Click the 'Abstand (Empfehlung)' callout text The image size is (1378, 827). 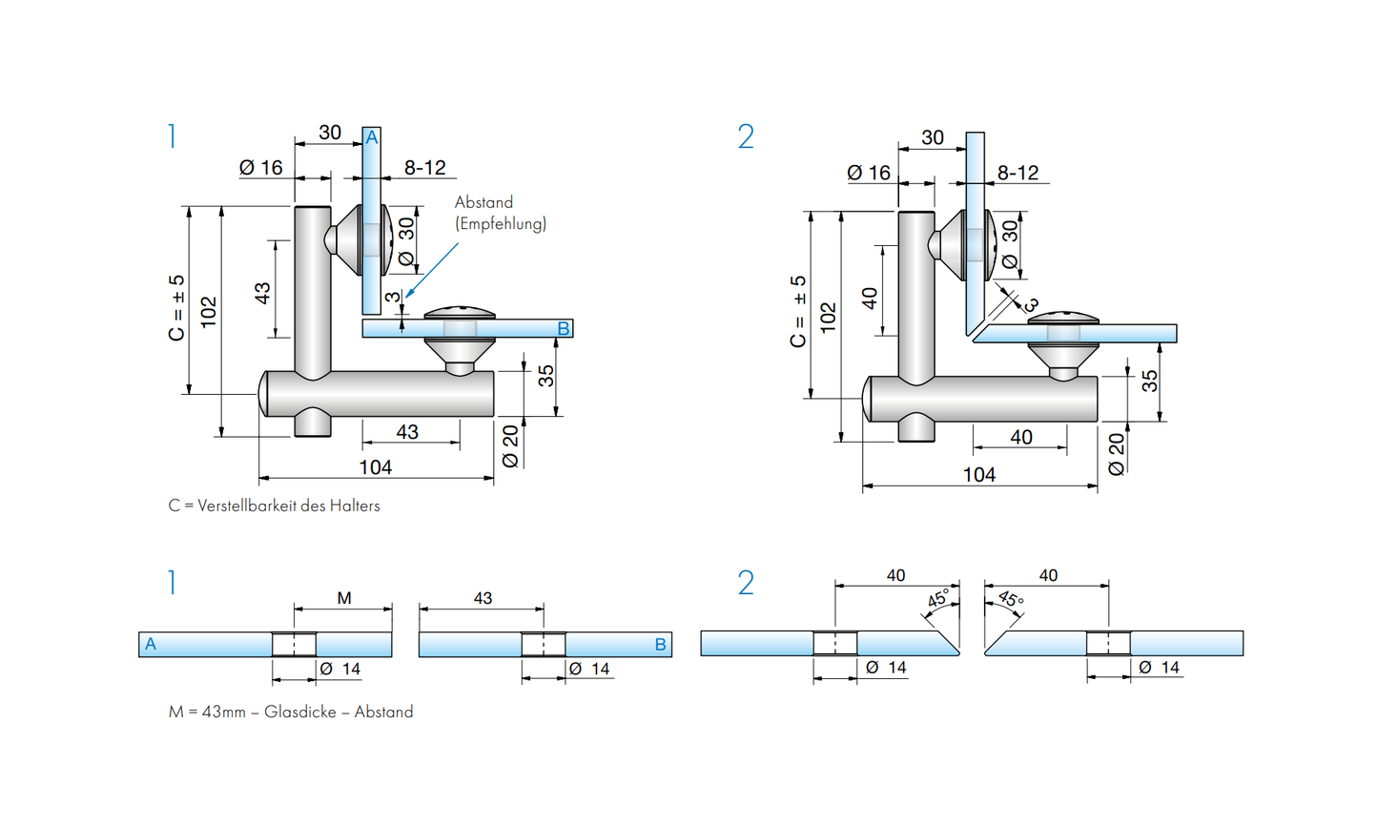(500, 213)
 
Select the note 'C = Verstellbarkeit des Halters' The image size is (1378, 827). (274, 506)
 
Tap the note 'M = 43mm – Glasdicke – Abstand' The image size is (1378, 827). (291, 712)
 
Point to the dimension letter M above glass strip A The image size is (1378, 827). (344, 598)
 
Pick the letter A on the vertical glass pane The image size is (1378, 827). (372, 138)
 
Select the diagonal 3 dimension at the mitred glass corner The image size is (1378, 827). (1030, 304)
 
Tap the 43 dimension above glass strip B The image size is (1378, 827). (483, 598)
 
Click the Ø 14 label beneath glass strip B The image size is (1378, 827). (589, 669)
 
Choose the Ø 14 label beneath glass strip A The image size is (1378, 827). (340, 669)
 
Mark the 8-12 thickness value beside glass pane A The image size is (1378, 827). (424, 168)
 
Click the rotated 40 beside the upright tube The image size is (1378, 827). (870, 299)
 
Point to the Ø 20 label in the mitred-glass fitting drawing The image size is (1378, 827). (1117, 453)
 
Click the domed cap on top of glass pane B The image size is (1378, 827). (460, 312)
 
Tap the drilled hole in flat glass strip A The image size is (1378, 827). (294, 645)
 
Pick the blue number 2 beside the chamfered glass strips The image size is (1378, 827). (746, 583)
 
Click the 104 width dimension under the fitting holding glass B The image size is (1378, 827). (376, 466)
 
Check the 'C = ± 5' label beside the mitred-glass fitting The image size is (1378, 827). (798, 311)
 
